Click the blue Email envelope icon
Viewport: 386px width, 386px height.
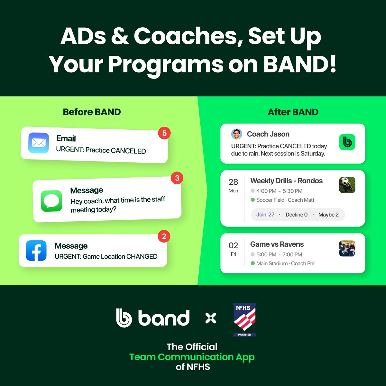[39, 143]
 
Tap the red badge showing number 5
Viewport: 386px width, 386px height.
[164, 133]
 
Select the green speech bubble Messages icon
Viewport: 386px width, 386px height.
[51, 201]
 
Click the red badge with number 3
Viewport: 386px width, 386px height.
[177, 178]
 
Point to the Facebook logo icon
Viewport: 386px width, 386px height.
[36, 250]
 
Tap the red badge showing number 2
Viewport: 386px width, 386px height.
[164, 236]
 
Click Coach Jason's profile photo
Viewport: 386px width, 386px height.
[236, 134]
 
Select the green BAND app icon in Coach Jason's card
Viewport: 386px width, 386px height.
[347, 142]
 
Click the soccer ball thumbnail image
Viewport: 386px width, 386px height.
[347, 185]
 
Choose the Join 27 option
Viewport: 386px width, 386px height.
[265, 215]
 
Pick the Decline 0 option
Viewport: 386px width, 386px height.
[296, 215]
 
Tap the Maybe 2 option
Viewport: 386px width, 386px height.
[328, 215]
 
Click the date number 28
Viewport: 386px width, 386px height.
[233, 182]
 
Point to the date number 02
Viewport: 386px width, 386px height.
[233, 246]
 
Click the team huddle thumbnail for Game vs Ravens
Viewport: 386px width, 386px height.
[347, 248]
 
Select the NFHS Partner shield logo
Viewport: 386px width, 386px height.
[244, 319]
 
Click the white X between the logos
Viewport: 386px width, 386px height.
[211, 318]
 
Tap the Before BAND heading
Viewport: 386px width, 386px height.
[92, 112]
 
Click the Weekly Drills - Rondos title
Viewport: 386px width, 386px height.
[286, 181]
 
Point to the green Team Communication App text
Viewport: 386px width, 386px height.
[192, 357]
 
